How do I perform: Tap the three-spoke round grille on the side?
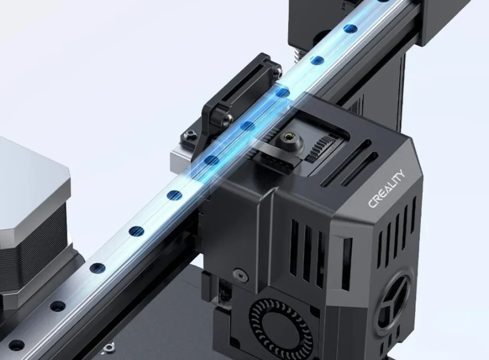(391, 301)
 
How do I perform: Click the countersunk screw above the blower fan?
(237, 274)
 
